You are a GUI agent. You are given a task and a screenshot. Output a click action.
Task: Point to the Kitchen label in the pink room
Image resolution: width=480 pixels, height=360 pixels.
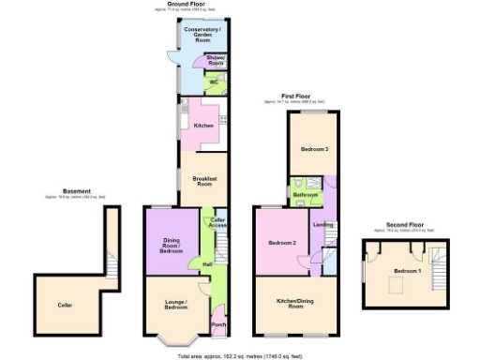coord(203,126)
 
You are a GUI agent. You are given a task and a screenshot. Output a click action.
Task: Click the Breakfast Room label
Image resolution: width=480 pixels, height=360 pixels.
coord(205,180)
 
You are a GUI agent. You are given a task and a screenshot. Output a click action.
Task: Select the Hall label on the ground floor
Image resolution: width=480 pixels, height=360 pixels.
coord(207,264)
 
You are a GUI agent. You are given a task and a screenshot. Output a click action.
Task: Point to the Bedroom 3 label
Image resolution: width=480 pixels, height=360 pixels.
coord(314,149)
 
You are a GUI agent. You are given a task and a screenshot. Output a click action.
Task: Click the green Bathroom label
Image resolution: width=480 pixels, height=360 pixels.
coord(305,195)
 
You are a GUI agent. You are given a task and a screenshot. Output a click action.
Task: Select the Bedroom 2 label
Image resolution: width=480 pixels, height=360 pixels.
coord(282,243)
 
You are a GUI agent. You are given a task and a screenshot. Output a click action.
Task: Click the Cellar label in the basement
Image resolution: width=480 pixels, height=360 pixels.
coord(65,305)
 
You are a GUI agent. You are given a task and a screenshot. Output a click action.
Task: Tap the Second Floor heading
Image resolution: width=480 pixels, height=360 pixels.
coord(406,225)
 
